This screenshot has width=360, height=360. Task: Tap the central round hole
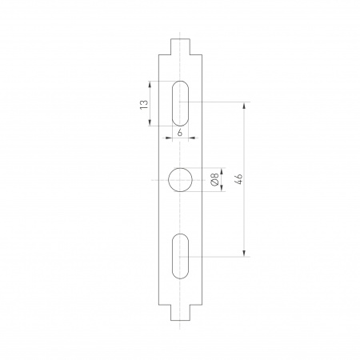(x=181, y=180)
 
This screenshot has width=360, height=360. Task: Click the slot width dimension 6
(x=181, y=133)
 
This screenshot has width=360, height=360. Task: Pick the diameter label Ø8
(x=214, y=180)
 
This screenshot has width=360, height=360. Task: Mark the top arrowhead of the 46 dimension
(x=245, y=105)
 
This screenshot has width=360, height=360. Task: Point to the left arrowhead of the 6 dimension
(x=170, y=138)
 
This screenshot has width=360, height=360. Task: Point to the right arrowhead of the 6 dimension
(x=191, y=138)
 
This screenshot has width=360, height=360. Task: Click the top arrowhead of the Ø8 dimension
(x=221, y=170)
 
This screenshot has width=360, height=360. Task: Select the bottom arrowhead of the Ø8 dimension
(x=221, y=190)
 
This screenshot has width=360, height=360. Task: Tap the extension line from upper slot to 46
(x=216, y=102)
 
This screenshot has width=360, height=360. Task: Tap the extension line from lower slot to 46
(x=216, y=256)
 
